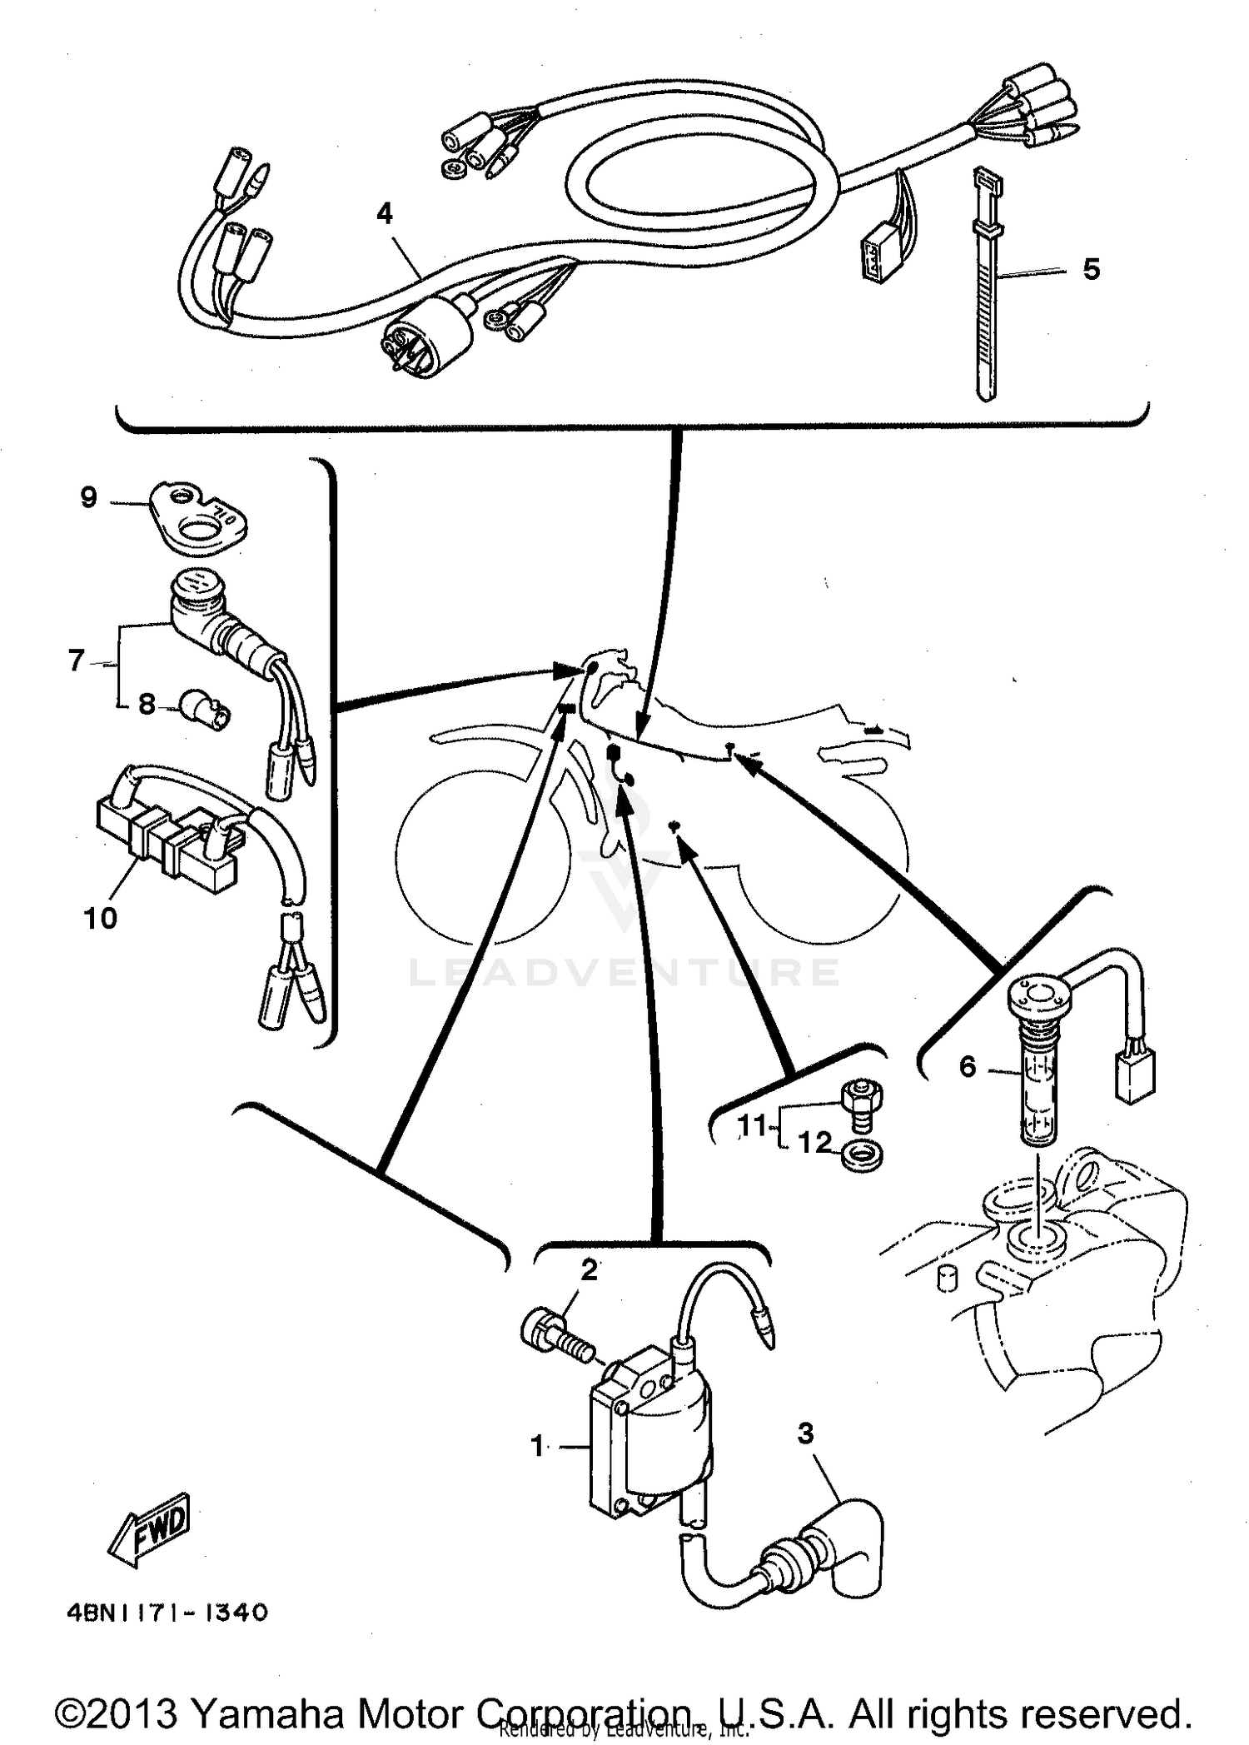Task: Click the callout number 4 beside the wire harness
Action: pos(384,215)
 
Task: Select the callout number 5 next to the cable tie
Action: pos(1091,269)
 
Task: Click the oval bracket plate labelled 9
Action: pos(201,521)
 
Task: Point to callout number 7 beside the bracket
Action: pos(76,661)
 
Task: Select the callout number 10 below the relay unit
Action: pos(100,919)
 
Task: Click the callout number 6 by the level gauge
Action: pos(967,1066)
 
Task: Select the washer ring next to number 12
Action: pos(863,1156)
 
